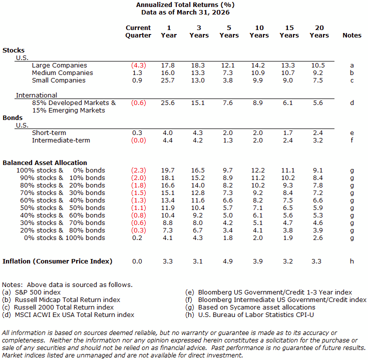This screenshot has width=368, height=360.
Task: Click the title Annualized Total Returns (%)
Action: click(185, 5)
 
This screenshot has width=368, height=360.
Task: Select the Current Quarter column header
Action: click(138, 31)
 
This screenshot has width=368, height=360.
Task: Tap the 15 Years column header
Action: click(289, 31)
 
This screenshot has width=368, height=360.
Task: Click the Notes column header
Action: click(352, 35)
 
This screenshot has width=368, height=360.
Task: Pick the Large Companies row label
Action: click(60, 65)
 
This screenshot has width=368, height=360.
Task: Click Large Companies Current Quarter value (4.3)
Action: click(139, 65)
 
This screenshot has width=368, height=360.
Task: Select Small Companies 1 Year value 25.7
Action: click(168, 80)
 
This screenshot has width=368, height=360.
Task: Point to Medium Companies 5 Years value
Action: click(228, 72)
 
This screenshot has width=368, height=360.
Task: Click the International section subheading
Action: click(37, 95)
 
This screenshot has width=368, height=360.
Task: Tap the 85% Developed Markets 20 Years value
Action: click(318, 102)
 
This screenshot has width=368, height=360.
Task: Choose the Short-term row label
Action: click(49, 132)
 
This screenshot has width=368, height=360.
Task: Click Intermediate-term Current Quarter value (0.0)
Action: click(139, 140)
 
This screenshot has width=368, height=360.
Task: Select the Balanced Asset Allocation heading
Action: click(45, 162)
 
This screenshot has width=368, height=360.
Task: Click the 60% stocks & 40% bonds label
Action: click(63, 200)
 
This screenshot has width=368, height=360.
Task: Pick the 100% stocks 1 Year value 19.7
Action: click(168, 170)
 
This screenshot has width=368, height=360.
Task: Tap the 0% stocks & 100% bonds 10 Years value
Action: click(258, 237)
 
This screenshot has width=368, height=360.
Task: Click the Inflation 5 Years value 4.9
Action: click(228, 261)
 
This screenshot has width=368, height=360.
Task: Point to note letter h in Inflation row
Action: click(352, 261)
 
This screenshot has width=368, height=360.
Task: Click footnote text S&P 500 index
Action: click(38, 292)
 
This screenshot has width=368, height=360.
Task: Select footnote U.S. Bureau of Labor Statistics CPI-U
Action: click(256, 315)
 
